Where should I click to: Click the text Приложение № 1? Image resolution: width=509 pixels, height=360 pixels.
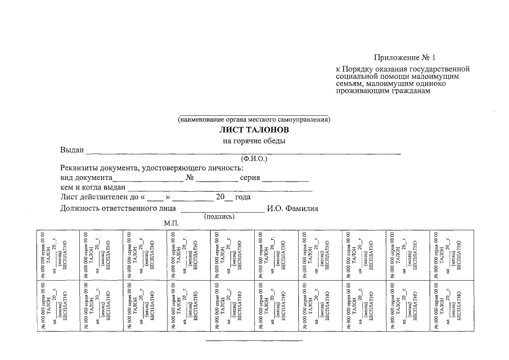(x=405, y=57)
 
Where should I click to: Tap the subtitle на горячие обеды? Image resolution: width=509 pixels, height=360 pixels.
(x=254, y=141)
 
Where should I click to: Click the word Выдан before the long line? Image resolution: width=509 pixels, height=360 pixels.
(x=72, y=150)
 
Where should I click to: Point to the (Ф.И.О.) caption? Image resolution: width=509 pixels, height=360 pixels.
(x=254, y=159)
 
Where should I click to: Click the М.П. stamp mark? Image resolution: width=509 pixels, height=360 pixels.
(x=171, y=223)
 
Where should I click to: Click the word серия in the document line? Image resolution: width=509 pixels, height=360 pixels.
(x=250, y=178)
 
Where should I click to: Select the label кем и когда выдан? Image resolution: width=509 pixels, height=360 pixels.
(x=93, y=187)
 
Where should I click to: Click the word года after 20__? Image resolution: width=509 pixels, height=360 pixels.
(x=243, y=197)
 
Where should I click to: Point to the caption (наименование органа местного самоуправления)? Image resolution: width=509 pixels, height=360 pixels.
(x=254, y=119)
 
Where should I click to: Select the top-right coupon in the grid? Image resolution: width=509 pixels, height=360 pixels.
(x=451, y=254)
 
